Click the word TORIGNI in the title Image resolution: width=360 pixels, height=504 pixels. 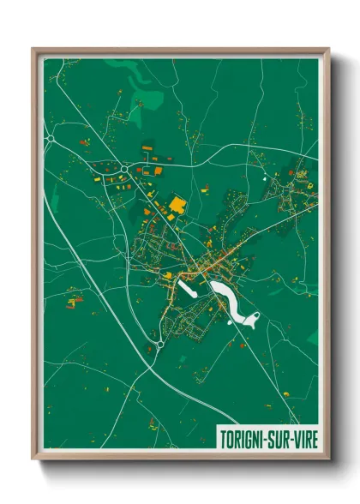(x=243, y=435)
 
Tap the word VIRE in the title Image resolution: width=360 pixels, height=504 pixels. (x=301, y=435)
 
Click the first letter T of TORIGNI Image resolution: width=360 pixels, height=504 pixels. (x=222, y=435)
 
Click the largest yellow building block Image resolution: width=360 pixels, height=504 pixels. (x=178, y=205)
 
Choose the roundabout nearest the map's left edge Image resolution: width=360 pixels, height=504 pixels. (x=50, y=137)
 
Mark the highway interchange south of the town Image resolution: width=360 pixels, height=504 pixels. (x=159, y=345)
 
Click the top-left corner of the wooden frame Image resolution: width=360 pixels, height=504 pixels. (x=33, y=49)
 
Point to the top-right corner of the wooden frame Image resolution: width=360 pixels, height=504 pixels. (x=328, y=49)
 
